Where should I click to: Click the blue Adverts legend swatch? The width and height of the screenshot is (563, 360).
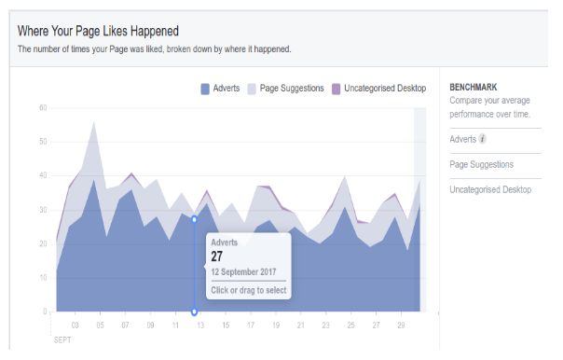(x=205, y=89)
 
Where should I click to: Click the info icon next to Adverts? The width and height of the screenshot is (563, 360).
(x=482, y=140)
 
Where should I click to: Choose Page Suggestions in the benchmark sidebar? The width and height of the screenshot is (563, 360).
(x=480, y=165)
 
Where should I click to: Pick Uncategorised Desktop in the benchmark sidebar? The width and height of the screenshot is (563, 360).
(x=489, y=190)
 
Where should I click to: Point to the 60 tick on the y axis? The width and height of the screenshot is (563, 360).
(x=43, y=108)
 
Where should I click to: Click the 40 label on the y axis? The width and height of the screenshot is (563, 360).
(x=43, y=175)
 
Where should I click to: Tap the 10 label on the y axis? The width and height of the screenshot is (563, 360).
(x=43, y=278)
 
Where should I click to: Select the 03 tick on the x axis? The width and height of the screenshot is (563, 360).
(x=76, y=325)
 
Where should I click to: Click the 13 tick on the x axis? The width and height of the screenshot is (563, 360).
(x=200, y=325)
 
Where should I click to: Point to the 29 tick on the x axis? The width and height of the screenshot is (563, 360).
(x=400, y=325)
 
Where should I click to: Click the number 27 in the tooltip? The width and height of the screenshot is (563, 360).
(x=217, y=256)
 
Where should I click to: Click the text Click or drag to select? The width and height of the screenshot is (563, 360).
(x=247, y=290)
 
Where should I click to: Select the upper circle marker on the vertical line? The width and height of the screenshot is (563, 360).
(x=194, y=219)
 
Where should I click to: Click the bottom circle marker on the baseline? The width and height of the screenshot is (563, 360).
(x=194, y=312)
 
